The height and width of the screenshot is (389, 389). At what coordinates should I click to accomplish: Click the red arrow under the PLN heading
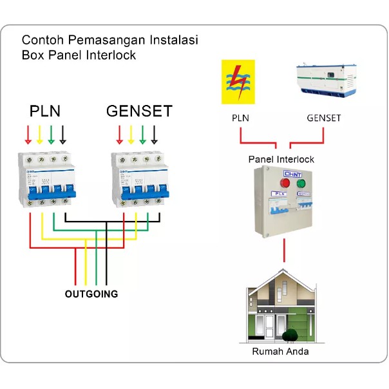(x=28, y=134)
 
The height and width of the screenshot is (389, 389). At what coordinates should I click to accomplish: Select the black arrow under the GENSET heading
(x=154, y=134)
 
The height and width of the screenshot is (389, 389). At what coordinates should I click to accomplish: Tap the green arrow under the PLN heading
(x=51, y=134)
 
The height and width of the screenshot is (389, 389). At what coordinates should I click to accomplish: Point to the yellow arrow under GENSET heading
(x=131, y=134)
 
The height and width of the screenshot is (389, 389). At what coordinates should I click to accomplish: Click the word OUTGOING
(x=91, y=294)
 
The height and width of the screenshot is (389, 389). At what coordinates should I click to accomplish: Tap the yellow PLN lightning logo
(x=238, y=82)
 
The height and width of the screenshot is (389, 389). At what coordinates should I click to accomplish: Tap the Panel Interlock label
(x=281, y=158)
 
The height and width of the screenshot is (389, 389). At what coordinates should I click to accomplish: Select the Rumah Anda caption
(x=280, y=352)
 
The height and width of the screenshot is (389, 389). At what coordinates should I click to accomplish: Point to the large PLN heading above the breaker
(x=45, y=111)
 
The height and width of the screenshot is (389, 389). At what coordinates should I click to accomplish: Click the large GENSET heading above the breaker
(x=139, y=111)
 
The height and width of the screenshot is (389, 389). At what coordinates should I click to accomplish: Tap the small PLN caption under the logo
(x=240, y=118)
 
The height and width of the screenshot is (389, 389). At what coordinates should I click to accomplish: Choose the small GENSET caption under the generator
(x=323, y=118)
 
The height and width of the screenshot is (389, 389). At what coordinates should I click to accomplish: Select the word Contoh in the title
(x=41, y=41)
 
